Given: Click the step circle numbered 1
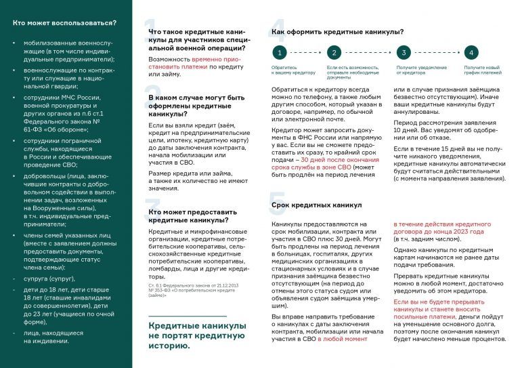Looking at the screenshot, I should click(277, 52).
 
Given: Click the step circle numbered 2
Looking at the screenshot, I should click(332, 52).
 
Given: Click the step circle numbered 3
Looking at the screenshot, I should click(403, 52).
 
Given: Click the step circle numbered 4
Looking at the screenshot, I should click(471, 52).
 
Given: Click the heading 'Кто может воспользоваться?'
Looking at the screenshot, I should click(64, 23).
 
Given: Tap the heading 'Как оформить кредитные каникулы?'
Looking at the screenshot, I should click(337, 31).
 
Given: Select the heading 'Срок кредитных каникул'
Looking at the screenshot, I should click(316, 204).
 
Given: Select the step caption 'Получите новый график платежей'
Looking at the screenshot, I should click(481, 70).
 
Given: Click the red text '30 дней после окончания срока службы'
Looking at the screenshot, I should click(332, 162).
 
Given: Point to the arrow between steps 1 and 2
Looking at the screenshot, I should click(305, 52).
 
